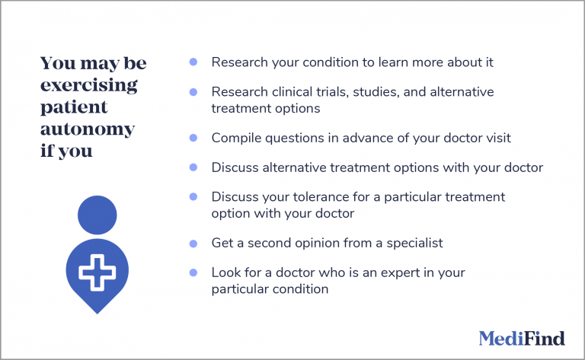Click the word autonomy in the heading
click(x=88, y=129)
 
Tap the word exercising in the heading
click(x=89, y=85)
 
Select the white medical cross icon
click(x=97, y=272)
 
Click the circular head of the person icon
click(x=97, y=215)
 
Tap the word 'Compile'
click(x=235, y=138)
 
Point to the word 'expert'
click(x=391, y=272)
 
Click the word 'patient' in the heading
click(x=74, y=107)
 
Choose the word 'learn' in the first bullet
click(x=388, y=62)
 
